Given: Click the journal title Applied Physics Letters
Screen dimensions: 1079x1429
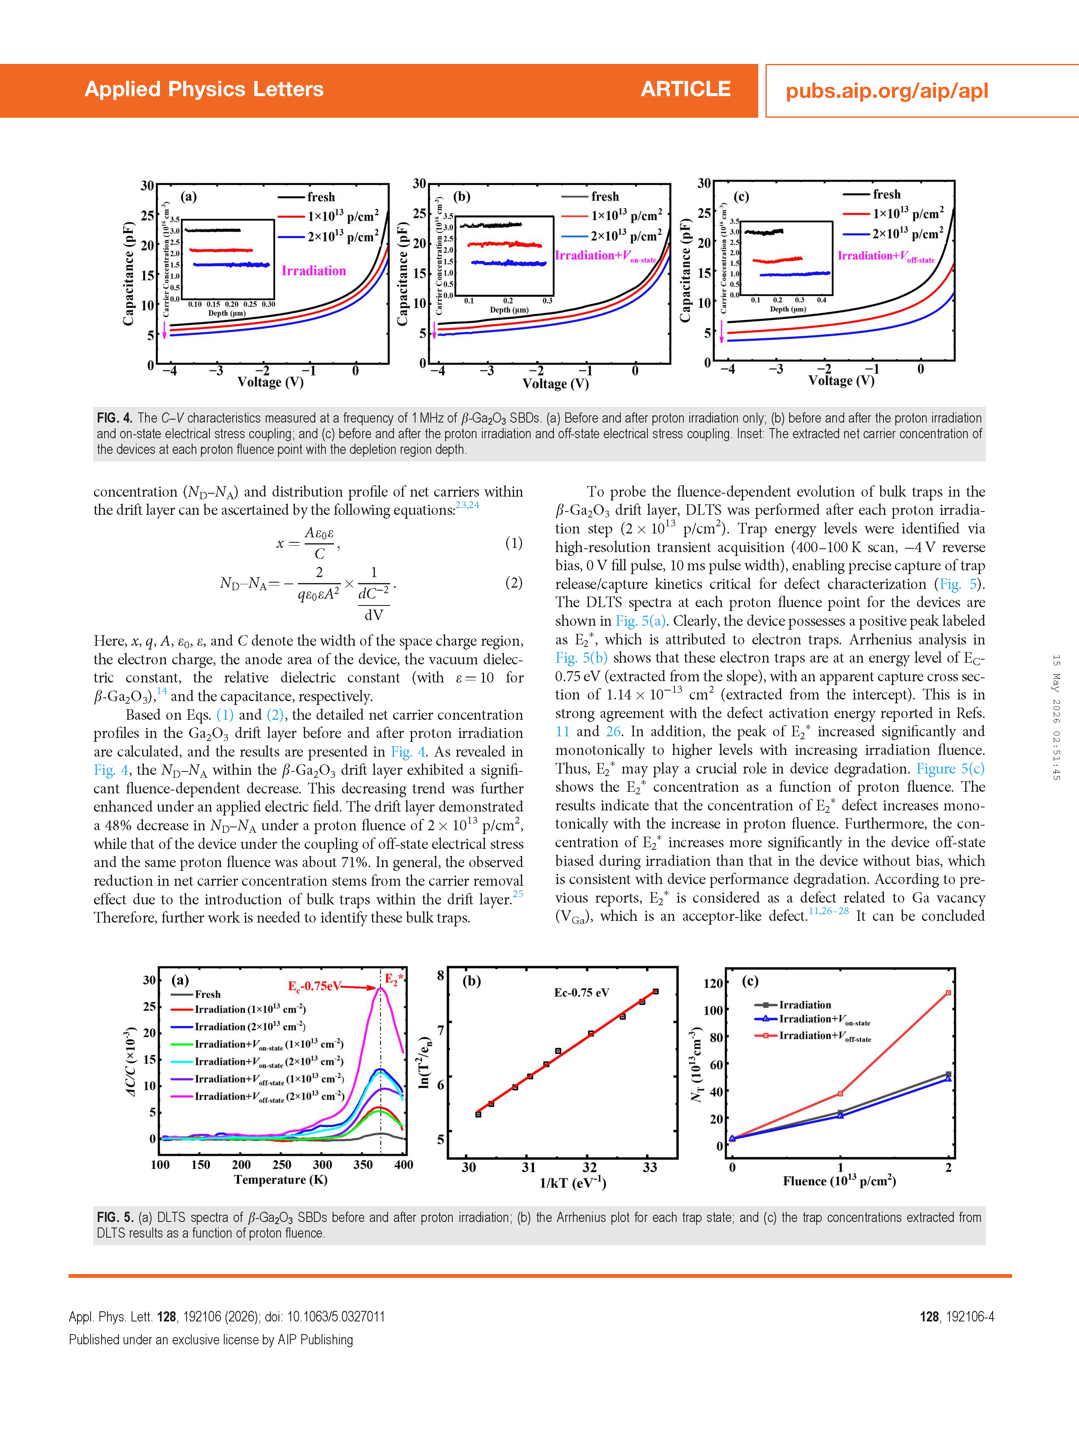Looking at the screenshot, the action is pyautogui.click(x=204, y=89).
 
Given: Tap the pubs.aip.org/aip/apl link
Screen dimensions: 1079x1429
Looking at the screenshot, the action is pyautogui.click(x=886, y=91).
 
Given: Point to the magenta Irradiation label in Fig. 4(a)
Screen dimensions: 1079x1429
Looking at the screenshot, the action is pyautogui.click(x=314, y=271).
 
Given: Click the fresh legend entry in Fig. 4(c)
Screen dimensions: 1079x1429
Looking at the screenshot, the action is pyautogui.click(x=886, y=194).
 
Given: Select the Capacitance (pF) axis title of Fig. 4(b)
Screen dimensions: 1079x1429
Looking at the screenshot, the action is pyautogui.click(x=403, y=274).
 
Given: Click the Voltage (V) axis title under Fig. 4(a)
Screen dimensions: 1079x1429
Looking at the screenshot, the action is pyautogui.click(x=270, y=382).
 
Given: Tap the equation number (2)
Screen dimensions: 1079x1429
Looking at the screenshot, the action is pyautogui.click(x=514, y=583).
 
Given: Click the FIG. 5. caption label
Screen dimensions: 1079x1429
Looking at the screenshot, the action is pyautogui.click(x=115, y=1217).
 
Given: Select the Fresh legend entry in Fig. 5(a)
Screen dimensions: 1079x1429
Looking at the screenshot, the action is pyautogui.click(x=207, y=994).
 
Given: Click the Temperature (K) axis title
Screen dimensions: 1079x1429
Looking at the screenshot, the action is pyautogui.click(x=281, y=1180).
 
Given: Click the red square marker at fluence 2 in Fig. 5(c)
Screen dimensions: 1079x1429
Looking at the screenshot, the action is pyautogui.click(x=948, y=993).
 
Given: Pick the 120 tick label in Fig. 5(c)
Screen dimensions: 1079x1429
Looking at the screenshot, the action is pyautogui.click(x=713, y=983).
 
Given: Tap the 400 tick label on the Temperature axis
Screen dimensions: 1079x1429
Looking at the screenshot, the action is pyautogui.click(x=404, y=1164).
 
